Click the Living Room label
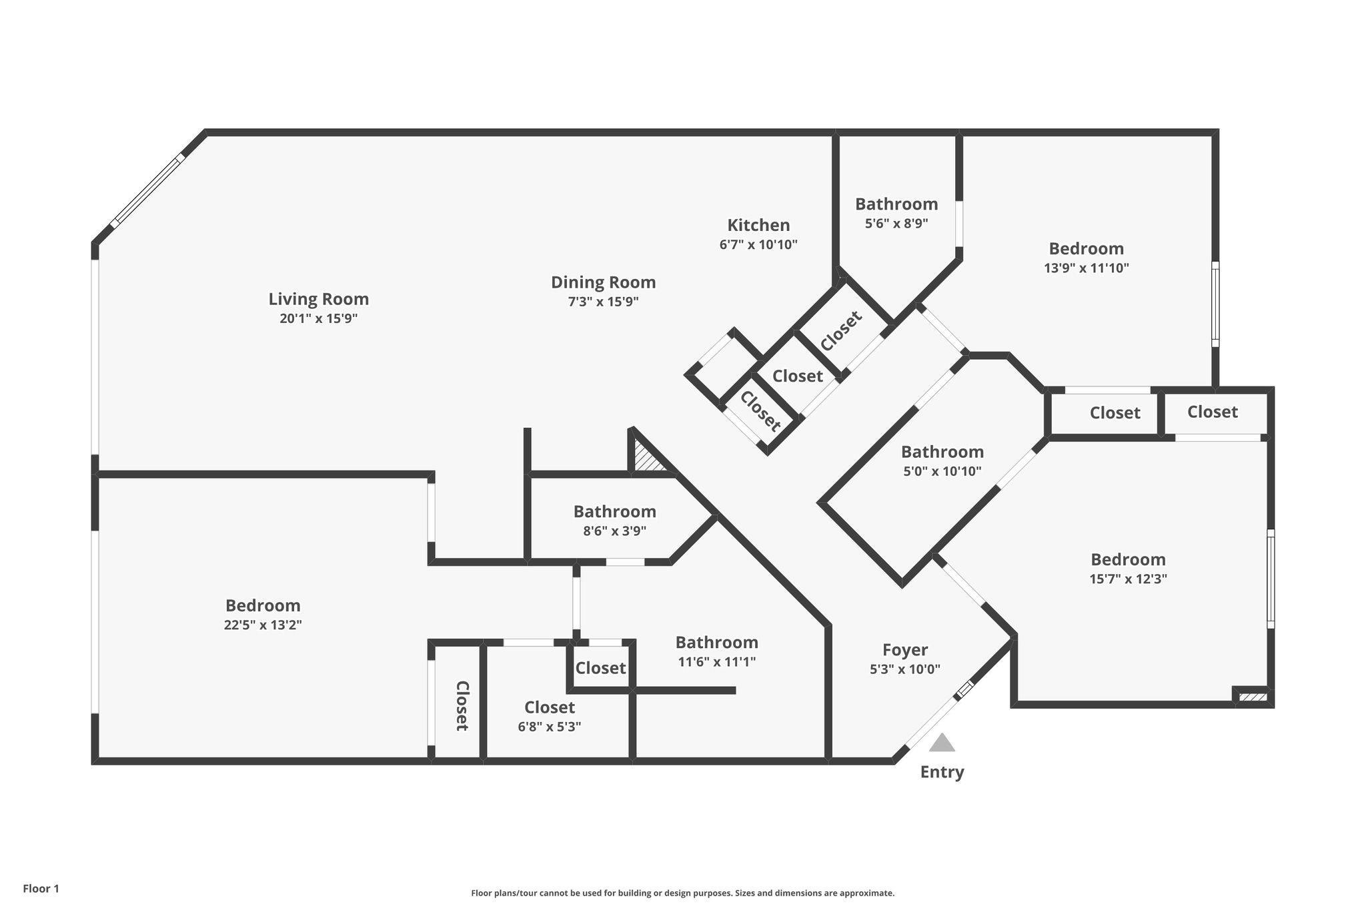point(318,299)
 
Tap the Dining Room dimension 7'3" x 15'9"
point(603,302)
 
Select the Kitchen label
point(758,225)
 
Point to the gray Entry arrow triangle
point(942,743)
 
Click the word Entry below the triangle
point(942,772)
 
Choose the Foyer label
point(904,650)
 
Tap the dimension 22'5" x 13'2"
point(263,625)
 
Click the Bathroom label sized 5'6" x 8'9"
point(896,204)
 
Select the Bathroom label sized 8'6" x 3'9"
point(614,512)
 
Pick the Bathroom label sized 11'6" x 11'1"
point(716,643)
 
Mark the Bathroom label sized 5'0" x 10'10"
point(942,452)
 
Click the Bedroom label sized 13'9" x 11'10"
point(1086,249)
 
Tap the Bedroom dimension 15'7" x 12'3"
point(1128,579)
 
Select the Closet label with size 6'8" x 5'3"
point(549,707)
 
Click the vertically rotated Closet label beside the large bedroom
point(461,705)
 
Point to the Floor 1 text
point(41,889)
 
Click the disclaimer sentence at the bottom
point(682,893)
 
